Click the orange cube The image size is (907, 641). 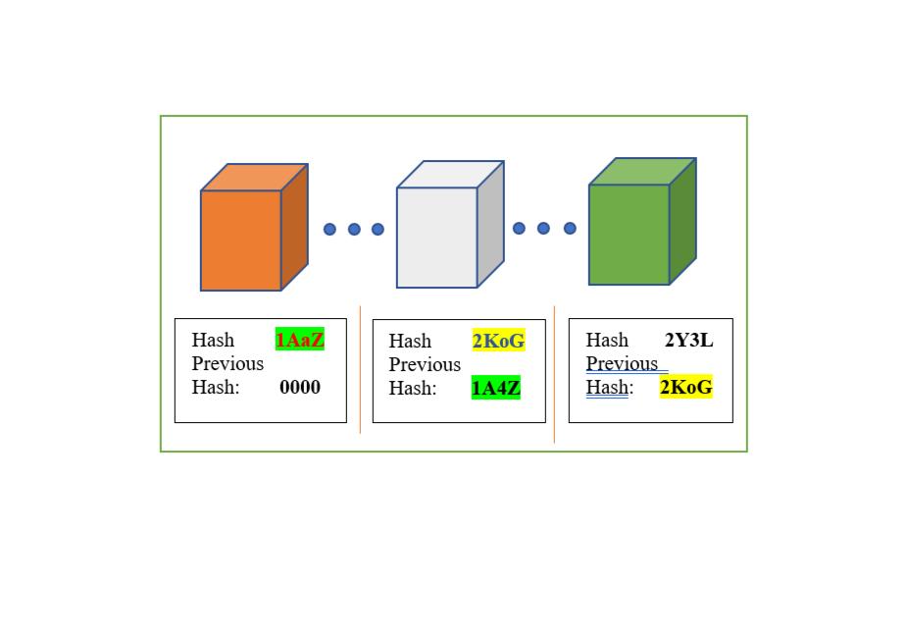click(x=241, y=240)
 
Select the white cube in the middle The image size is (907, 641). click(x=437, y=237)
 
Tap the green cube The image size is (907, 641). click(x=630, y=234)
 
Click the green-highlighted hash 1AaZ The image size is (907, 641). click(x=299, y=340)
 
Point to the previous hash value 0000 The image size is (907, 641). click(x=299, y=387)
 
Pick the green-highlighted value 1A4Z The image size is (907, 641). click(x=495, y=388)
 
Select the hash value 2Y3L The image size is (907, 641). click(x=688, y=340)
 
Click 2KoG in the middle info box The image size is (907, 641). click(x=498, y=341)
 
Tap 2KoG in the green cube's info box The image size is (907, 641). click(x=685, y=387)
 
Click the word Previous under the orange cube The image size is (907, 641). click(x=227, y=363)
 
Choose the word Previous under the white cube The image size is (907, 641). click(x=425, y=364)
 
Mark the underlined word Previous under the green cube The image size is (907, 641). click(x=622, y=363)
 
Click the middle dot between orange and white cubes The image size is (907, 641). click(x=354, y=229)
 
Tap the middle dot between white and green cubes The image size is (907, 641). click(x=543, y=228)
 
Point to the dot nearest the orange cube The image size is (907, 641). click(x=329, y=229)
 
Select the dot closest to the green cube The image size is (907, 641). click(x=570, y=228)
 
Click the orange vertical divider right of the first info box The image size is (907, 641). click(x=360, y=369)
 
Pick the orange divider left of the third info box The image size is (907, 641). click(x=554, y=373)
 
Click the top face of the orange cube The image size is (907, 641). click(x=255, y=178)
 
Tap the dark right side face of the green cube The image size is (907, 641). click(x=682, y=221)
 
